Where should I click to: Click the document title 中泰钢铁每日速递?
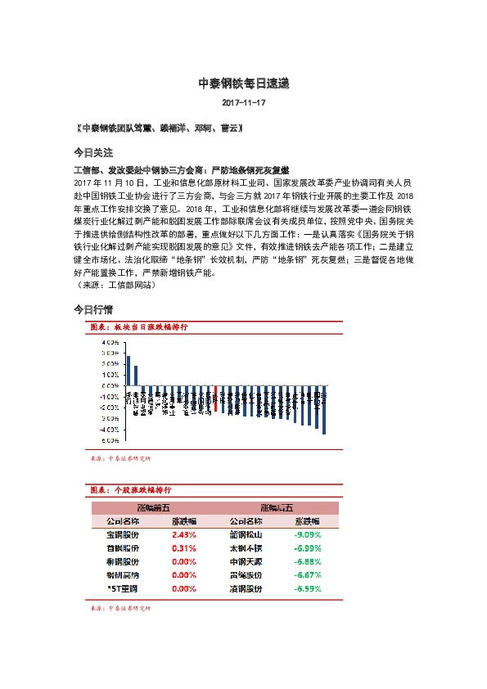coord(243,83)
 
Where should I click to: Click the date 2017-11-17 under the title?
coord(243,103)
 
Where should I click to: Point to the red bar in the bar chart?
coord(214,400)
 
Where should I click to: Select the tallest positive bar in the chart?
coord(129,371)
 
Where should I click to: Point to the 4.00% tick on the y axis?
coord(110,341)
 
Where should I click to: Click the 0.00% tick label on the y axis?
coord(110,385)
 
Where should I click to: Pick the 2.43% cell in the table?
coord(184,534)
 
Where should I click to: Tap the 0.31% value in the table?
coord(184,547)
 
